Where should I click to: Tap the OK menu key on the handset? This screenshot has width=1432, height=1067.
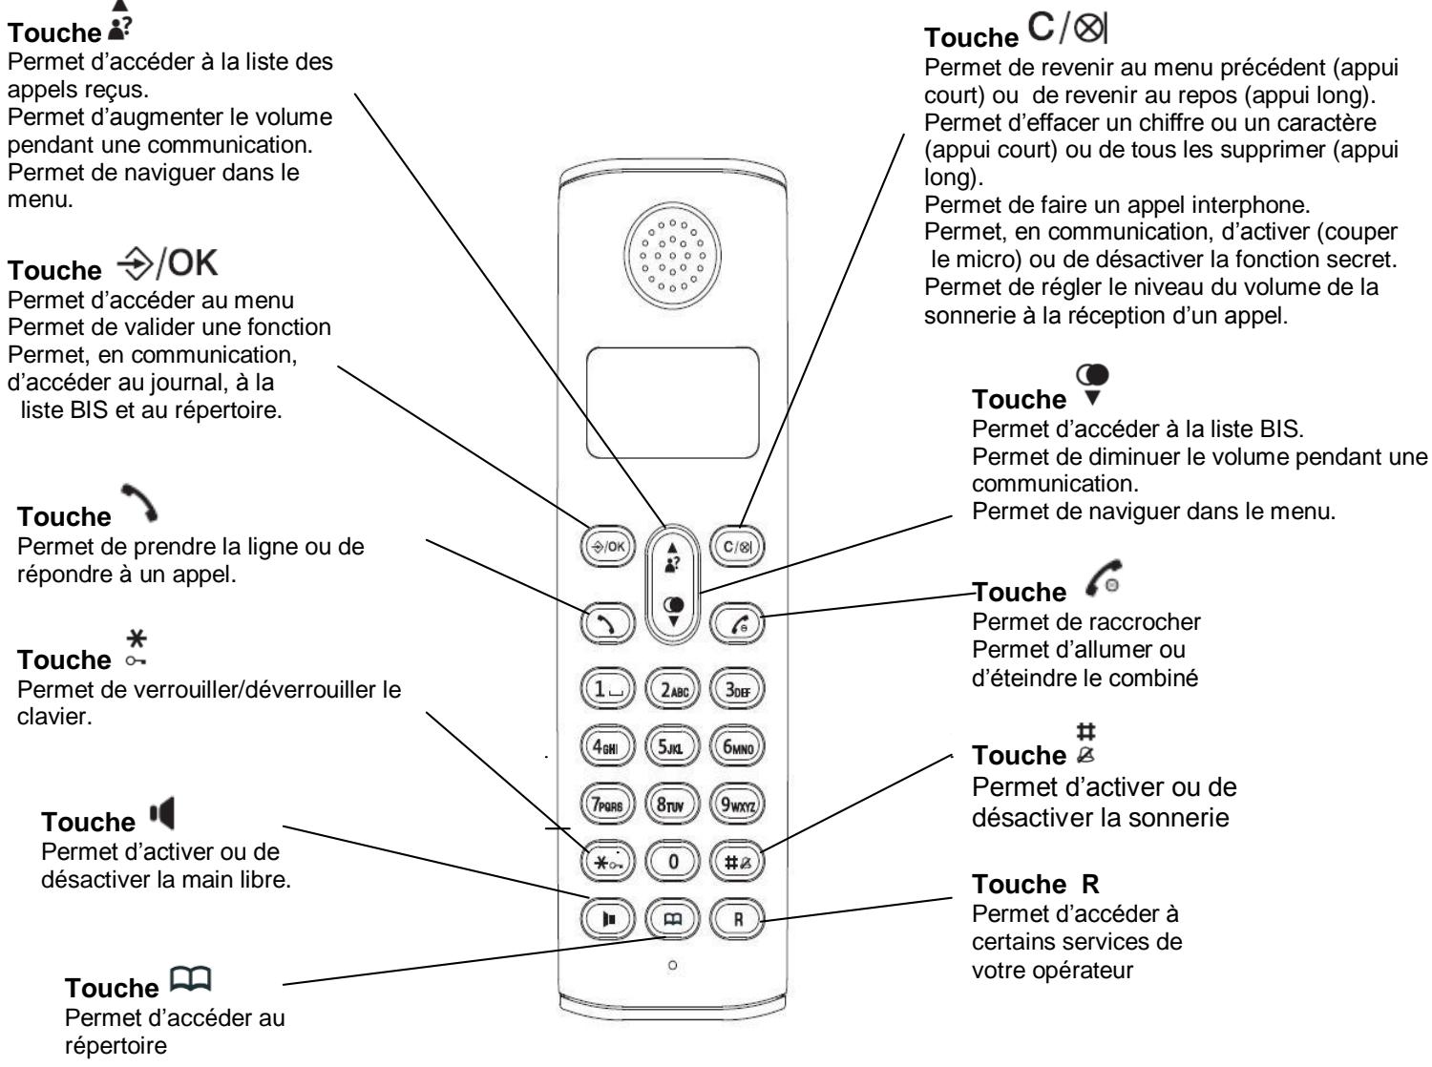607,550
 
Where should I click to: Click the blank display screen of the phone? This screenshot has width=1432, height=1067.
672,402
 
